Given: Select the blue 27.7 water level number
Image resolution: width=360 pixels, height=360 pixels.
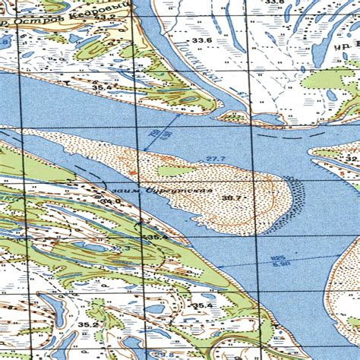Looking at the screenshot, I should [216, 158].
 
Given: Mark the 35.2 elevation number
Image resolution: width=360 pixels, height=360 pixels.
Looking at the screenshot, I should [88, 324].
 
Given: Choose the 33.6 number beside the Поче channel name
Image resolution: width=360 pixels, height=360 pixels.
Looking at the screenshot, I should [201, 39].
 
